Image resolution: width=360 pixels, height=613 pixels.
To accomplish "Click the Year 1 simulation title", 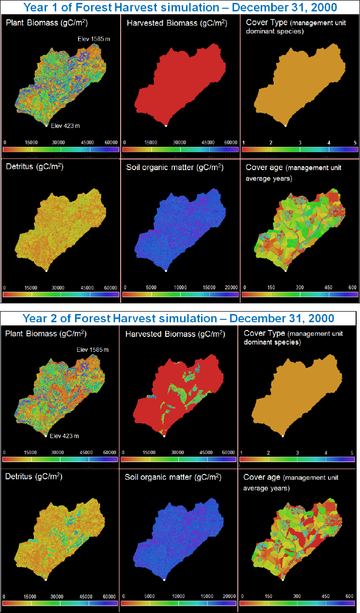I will pos(180,7).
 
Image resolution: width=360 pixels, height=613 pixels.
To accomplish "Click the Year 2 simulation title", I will pos(180,318).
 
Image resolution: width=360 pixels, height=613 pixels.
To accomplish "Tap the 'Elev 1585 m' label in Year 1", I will pos(95,38).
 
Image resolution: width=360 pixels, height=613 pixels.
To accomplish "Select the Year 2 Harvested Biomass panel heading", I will pos(174,334).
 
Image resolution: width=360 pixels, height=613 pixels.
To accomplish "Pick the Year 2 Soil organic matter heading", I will pos(173,477).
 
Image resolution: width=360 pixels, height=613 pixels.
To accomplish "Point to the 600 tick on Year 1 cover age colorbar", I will pos(351,287).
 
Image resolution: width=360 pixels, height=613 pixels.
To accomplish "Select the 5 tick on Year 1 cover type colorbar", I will pos(355,143).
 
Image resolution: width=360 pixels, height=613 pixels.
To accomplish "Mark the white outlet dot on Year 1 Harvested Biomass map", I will pos(166,126).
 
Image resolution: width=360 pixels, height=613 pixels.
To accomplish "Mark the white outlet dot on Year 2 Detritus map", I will pos(46,580).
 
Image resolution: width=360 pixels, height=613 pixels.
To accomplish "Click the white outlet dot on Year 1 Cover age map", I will pos(285,270).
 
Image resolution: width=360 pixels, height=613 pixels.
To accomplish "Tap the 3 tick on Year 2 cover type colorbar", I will pos(297,453).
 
